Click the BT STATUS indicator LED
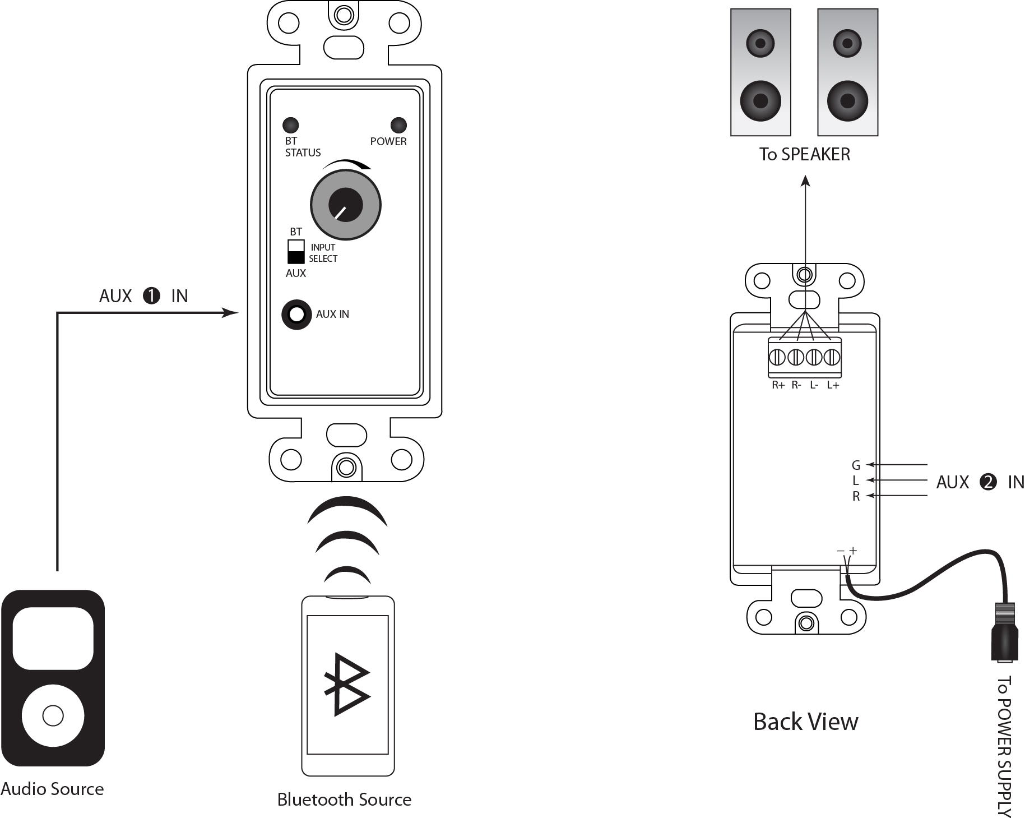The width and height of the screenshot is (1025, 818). click(x=290, y=124)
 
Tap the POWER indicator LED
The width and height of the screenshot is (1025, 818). click(x=398, y=124)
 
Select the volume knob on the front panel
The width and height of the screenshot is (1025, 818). click(x=346, y=205)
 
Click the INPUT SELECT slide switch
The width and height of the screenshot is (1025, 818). click(x=296, y=252)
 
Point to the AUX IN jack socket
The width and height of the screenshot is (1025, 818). click(x=296, y=315)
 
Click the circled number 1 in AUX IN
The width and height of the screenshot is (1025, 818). click(x=152, y=295)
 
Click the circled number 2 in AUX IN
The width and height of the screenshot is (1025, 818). click(x=988, y=482)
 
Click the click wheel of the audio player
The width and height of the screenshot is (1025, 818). click(x=53, y=715)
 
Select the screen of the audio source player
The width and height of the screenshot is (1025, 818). click(x=53, y=638)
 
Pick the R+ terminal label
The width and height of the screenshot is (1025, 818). click(x=778, y=385)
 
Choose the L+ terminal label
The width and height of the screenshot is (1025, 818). click(x=833, y=385)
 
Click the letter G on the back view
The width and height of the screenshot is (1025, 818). click(x=856, y=465)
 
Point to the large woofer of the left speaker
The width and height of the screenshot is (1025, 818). click(x=760, y=101)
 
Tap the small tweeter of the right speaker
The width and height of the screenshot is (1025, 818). click(x=847, y=43)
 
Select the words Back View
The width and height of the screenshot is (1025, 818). click(x=805, y=722)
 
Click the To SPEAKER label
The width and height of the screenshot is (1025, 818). click(x=804, y=154)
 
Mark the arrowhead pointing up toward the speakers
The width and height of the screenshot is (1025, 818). click(x=805, y=181)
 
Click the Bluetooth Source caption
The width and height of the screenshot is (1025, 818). click(x=344, y=799)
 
